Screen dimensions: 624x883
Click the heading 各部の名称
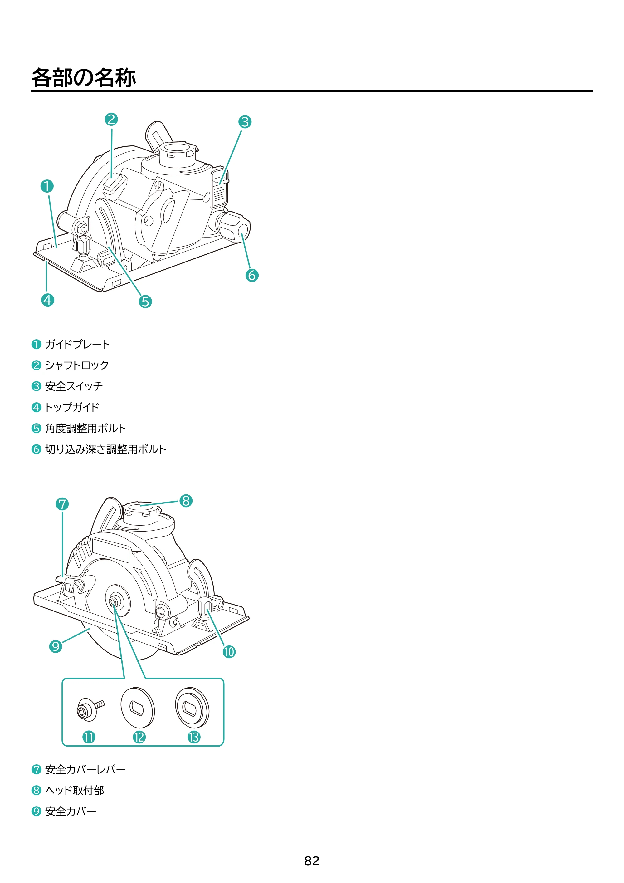[83, 78]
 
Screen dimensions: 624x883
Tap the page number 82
[312, 861]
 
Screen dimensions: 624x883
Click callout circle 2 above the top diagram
[111, 119]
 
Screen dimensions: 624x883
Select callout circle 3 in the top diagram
[245, 122]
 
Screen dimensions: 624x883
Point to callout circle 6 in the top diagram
[252, 275]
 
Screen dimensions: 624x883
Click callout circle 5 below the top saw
[145, 302]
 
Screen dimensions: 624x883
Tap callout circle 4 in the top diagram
[48, 300]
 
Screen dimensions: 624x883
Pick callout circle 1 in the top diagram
[47, 186]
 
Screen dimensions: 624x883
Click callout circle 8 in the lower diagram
[186, 501]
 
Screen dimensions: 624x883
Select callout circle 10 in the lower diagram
[229, 652]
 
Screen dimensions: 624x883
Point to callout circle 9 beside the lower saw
[56, 646]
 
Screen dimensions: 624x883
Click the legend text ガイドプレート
[78, 344]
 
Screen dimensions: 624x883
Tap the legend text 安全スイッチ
[74, 386]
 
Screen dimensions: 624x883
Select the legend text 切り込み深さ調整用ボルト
[106, 449]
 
